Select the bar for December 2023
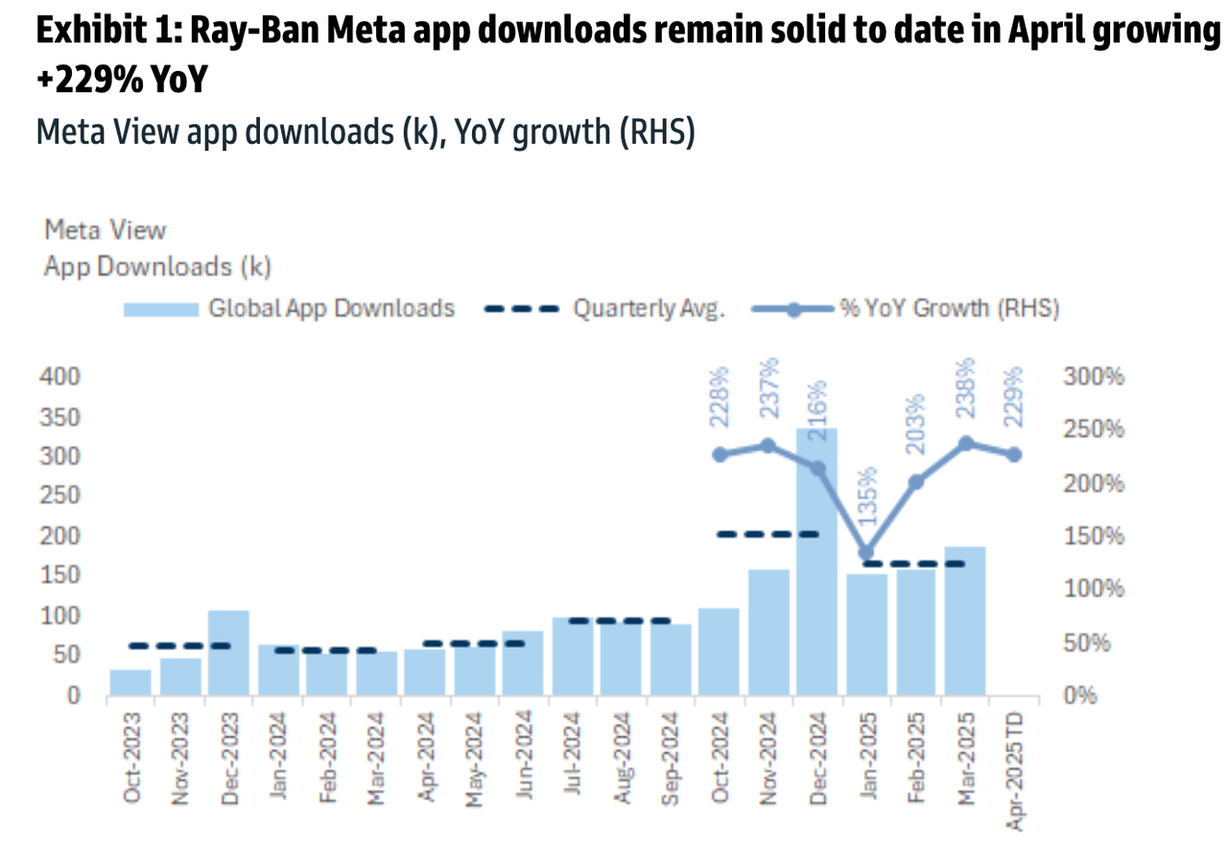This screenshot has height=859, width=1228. [228, 653]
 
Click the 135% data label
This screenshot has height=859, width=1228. [866, 497]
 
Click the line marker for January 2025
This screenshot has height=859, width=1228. [866, 553]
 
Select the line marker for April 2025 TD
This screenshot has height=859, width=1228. [1014, 454]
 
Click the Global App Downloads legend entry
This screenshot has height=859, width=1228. [288, 309]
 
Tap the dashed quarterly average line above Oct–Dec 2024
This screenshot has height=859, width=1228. [768, 535]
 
